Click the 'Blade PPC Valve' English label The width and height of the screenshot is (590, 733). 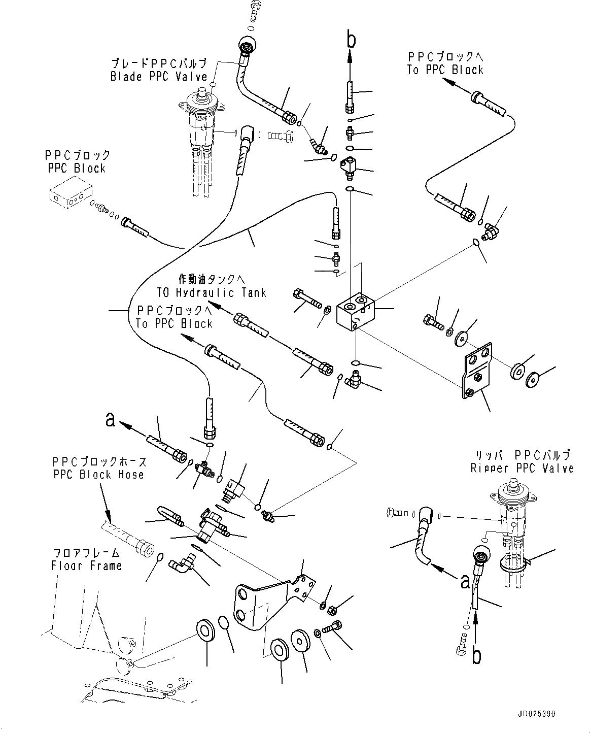[159, 77]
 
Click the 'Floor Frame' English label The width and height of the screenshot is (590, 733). [86, 565]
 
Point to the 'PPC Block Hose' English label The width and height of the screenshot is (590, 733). [98, 475]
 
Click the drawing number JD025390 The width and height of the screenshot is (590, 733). [537, 714]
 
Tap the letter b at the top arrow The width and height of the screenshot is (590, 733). [350, 40]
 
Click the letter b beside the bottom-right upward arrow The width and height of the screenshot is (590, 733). [476, 656]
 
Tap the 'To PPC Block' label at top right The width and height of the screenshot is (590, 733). [445, 70]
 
